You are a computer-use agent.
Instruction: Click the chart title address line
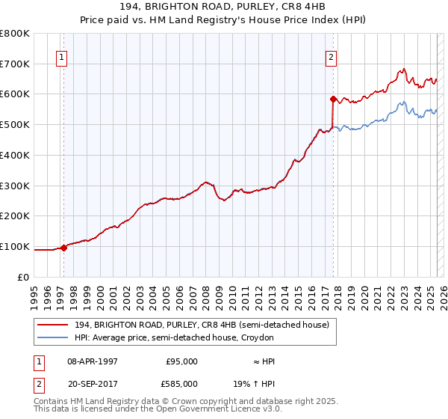[223, 7]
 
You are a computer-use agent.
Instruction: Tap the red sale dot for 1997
[63, 248]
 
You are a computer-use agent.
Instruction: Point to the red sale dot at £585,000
[333, 98]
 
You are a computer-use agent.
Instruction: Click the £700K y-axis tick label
[15, 64]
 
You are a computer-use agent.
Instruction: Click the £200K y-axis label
[15, 215]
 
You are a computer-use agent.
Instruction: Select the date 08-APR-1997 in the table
[93, 361]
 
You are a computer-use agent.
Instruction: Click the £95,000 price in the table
[181, 361]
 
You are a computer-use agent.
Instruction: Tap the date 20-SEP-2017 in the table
[93, 383]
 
